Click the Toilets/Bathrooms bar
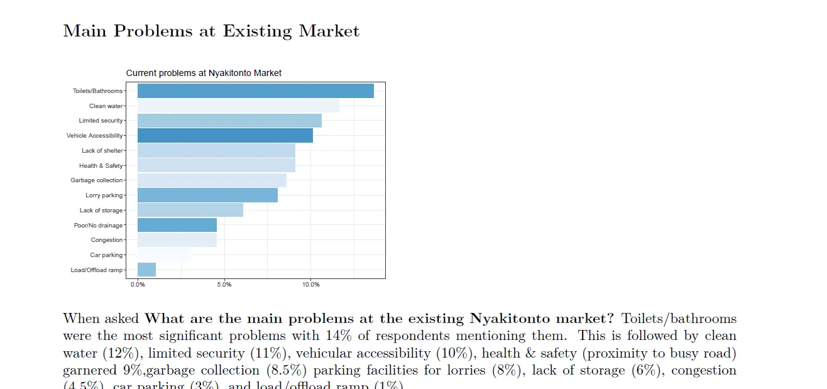coord(255,90)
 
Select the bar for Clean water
coord(238,106)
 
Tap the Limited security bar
coord(229,121)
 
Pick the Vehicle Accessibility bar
coord(225,135)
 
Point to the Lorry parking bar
coord(207,195)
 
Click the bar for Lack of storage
coord(190,210)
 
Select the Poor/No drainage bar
coord(177,225)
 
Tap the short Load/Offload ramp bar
coord(146,270)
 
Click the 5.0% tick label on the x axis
coord(224,285)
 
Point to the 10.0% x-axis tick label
coord(311,285)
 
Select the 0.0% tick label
coord(138,285)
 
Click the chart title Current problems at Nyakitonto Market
coord(204,73)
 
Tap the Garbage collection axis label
coord(97,180)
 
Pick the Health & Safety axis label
coord(101,166)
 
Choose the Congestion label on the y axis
coord(107,240)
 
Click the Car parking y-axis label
coord(106,255)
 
